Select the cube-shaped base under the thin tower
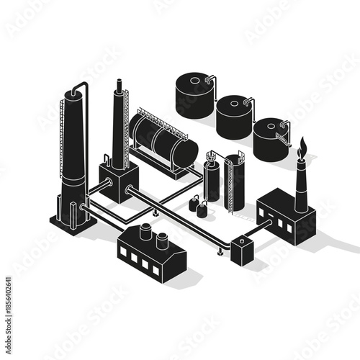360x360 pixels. (118, 181)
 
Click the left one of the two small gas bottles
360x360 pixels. (194, 204)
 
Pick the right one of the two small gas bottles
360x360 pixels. (202, 210)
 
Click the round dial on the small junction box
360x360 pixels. (242, 241)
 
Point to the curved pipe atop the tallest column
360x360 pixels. (83, 88)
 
